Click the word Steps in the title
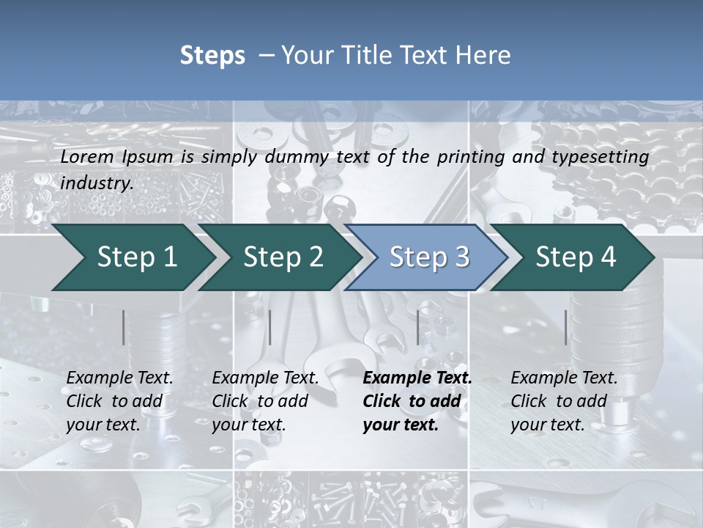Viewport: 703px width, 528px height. point(212,56)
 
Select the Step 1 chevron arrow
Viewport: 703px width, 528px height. point(136,257)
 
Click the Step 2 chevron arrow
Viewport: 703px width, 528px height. point(283,257)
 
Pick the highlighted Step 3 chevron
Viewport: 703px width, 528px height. point(429,257)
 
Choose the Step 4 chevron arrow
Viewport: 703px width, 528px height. point(576,257)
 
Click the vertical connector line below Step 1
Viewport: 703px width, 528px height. point(124,327)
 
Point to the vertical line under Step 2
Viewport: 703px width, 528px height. point(270,327)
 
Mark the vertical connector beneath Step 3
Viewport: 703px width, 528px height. point(418,327)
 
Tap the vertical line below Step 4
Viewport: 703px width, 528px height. point(566,327)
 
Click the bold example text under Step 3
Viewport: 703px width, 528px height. point(417,401)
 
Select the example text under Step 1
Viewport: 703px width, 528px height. point(119,401)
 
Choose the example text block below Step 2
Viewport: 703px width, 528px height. point(265,401)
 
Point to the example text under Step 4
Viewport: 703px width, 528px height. point(564,401)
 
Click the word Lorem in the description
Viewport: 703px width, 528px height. point(87,157)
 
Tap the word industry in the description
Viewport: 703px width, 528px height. point(97,183)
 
